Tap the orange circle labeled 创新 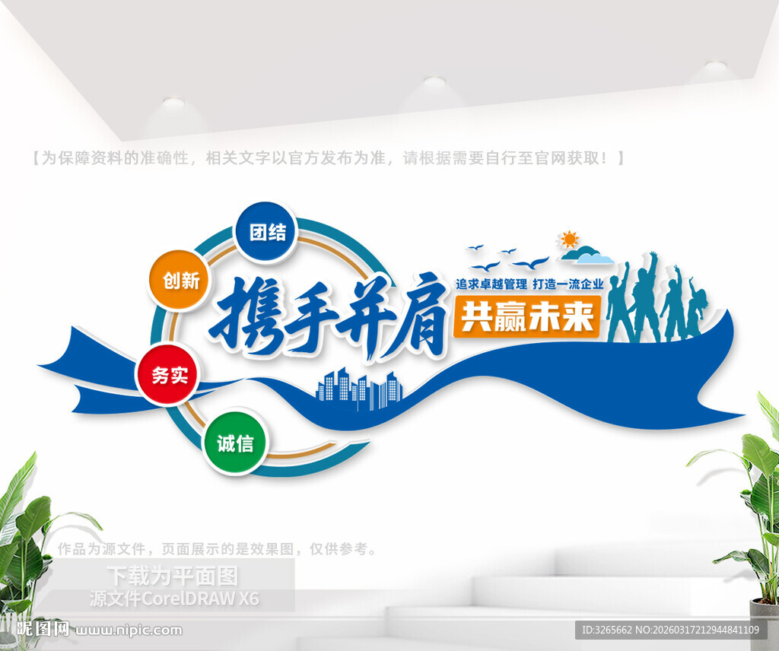coord(180,281)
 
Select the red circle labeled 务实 coord(167,375)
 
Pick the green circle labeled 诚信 coord(234,443)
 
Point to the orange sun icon coord(568,240)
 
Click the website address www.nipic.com coord(129,630)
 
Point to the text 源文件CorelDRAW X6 coord(174,599)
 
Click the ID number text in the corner coord(670,630)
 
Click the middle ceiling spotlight coord(434,81)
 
